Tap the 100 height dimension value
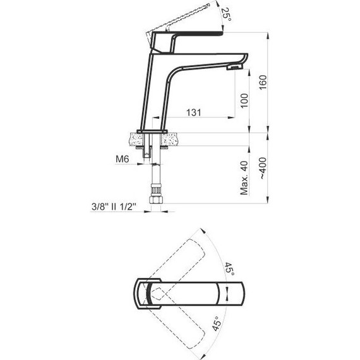[246, 98]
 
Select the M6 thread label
[123, 160]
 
